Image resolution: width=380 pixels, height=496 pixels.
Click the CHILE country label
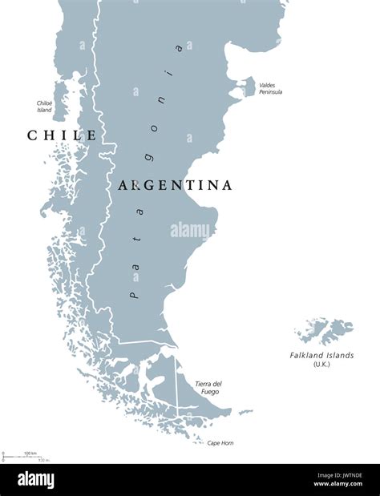click(x=62, y=135)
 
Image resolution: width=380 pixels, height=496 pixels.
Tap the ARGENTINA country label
click(x=176, y=185)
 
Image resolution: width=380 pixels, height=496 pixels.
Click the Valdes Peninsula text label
click(x=270, y=88)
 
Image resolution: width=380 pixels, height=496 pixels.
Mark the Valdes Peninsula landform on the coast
click(x=247, y=86)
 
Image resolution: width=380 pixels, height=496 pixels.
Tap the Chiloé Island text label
click(x=44, y=106)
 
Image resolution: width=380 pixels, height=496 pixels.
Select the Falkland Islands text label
click(x=321, y=355)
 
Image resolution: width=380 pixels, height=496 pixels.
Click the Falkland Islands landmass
click(x=325, y=329)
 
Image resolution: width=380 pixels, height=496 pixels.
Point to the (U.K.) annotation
click(x=321, y=365)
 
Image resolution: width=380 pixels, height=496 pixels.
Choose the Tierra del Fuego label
click(x=208, y=388)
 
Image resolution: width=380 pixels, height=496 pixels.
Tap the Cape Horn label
click(x=220, y=442)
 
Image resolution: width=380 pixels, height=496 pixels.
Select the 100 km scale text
click(x=30, y=454)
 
